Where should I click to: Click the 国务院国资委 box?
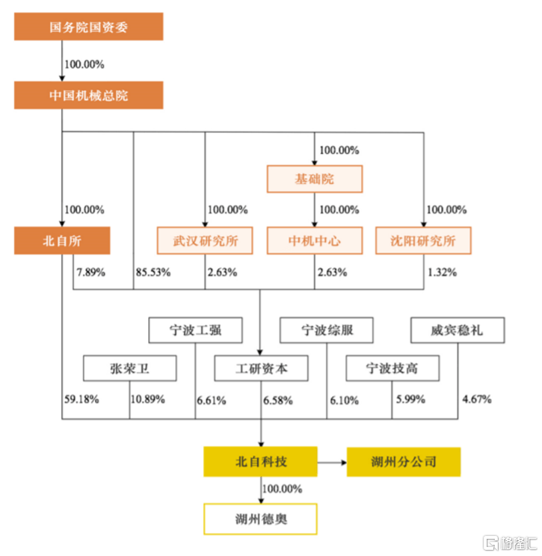click(88, 27)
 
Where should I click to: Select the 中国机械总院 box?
click(88, 95)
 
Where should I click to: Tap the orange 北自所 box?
click(62, 241)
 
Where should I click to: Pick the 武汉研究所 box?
click(204, 241)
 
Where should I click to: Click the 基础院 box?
click(315, 179)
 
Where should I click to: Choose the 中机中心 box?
click(315, 241)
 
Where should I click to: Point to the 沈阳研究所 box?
click(423, 241)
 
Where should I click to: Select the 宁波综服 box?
click(327, 330)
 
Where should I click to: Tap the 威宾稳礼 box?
click(458, 330)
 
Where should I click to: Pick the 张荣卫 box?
click(130, 368)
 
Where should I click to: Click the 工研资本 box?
click(261, 368)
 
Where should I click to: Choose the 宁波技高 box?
click(392, 368)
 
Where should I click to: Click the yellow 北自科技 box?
click(261, 462)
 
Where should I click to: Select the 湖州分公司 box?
click(403, 462)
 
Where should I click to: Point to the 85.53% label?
click(154, 272)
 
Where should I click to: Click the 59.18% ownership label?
click(82, 400)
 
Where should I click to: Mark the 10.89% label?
click(148, 400)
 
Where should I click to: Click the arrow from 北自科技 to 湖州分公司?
click(332, 462)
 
